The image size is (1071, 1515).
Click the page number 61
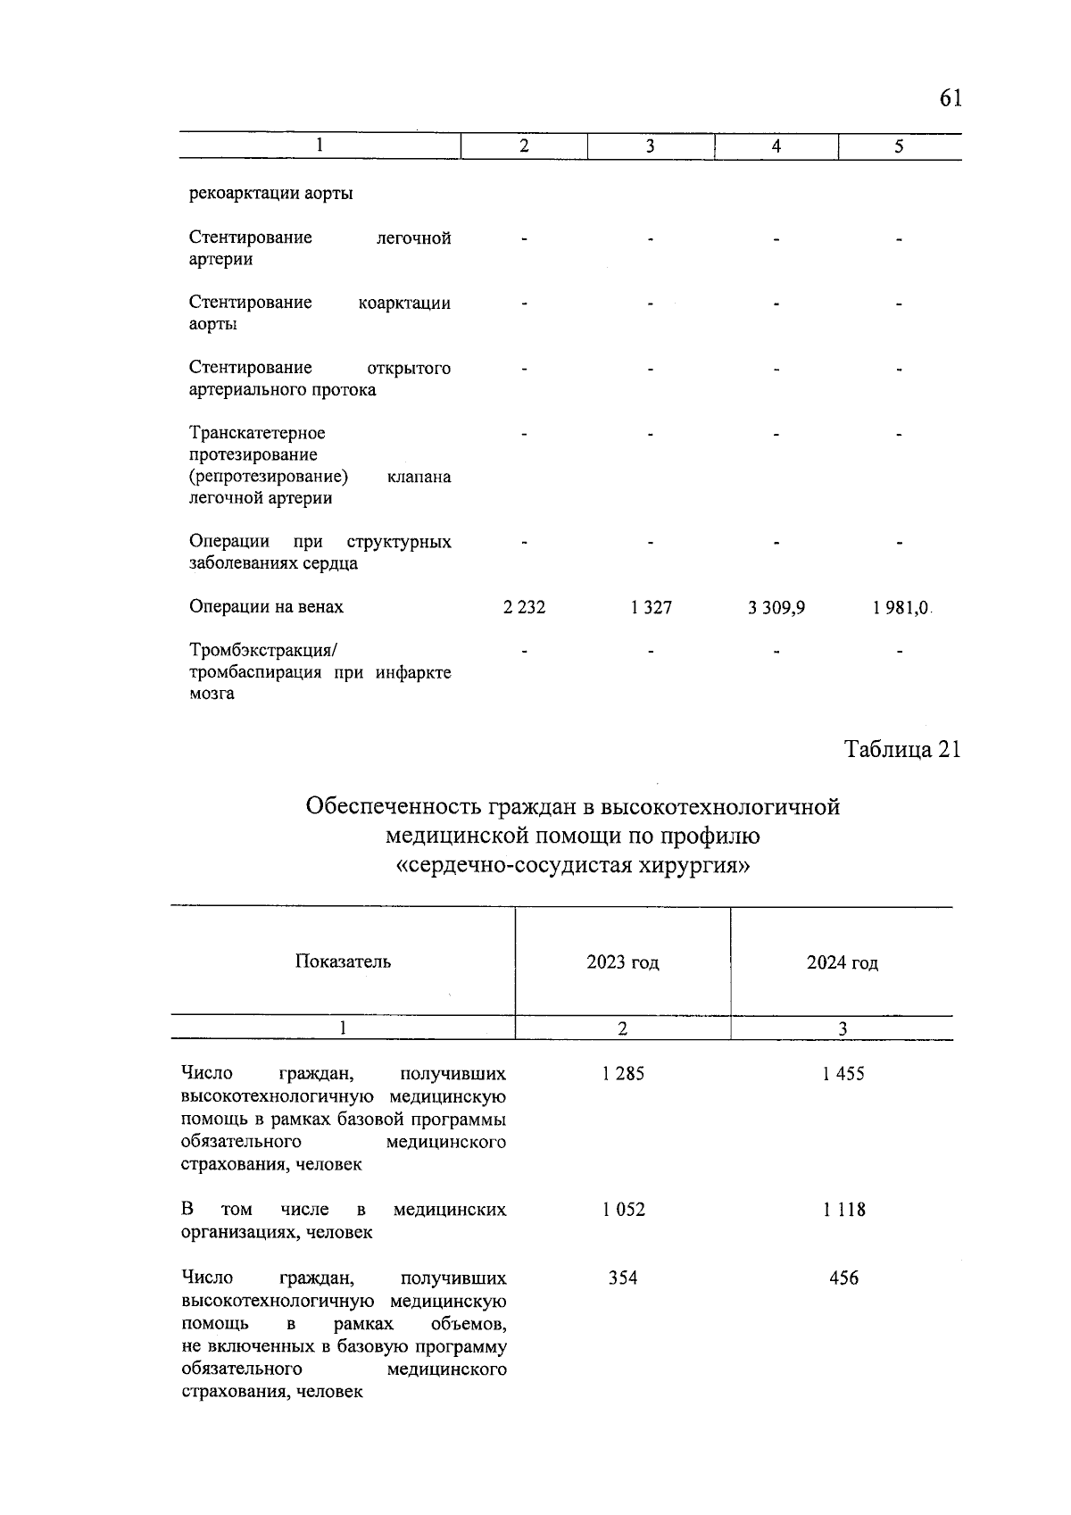(950, 98)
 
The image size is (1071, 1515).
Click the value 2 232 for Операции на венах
(524, 608)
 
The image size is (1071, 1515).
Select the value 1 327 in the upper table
(651, 608)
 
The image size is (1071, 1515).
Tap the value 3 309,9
(776, 608)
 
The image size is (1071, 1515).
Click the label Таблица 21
(902, 750)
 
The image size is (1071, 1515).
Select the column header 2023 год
(622, 962)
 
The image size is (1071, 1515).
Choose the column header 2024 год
(842, 963)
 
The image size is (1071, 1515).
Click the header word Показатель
(343, 961)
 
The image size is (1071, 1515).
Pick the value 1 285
(623, 1074)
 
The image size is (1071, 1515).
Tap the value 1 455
(843, 1074)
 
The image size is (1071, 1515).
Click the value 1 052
(623, 1211)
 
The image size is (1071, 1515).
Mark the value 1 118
(843, 1211)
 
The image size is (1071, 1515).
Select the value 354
(623, 1278)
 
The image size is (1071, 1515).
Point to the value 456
(843, 1278)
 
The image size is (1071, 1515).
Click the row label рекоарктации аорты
(270, 194)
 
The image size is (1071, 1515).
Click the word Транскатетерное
(257, 433)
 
